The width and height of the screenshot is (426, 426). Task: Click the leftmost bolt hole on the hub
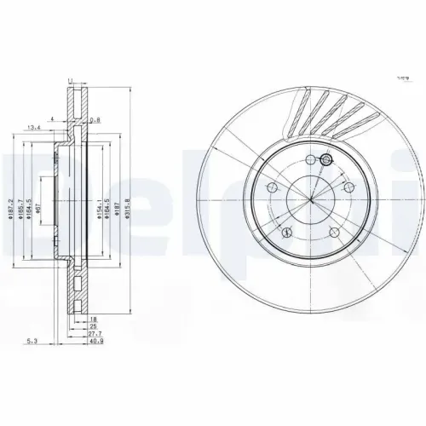(272, 188)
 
